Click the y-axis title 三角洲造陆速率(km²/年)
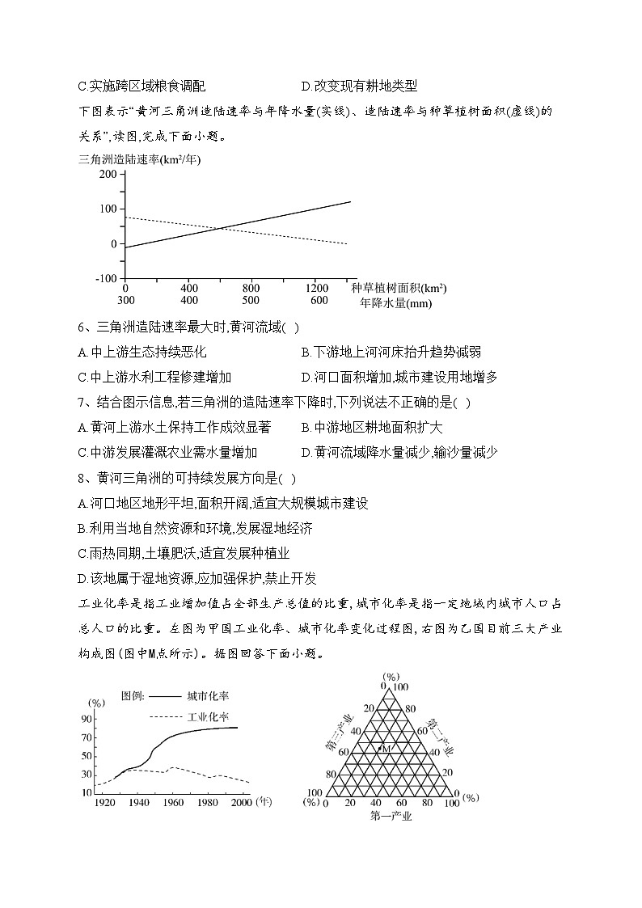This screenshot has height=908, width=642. coord(139,159)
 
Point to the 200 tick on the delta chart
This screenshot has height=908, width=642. coord(108,175)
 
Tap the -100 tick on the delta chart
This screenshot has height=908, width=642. coord(105,278)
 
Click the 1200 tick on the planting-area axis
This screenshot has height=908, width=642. coord(317,288)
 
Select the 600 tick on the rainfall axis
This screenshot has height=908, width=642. coord(319,301)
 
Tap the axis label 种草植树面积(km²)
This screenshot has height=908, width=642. coord(399,288)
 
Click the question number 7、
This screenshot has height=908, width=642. coord(86,402)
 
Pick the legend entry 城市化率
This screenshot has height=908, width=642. coord(207,695)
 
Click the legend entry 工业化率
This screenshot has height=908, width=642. coord(207,716)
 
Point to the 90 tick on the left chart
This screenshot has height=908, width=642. coord(87,718)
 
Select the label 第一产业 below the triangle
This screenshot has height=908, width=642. coord(391,817)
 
